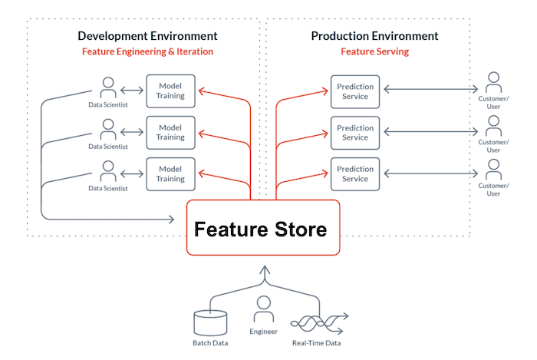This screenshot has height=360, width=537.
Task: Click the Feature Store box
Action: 262,228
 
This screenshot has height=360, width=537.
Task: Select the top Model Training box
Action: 171,90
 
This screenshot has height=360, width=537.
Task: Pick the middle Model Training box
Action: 171,131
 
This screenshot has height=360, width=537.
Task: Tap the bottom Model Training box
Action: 171,173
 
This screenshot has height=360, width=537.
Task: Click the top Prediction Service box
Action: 355,90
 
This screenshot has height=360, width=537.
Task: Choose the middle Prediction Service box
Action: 355,131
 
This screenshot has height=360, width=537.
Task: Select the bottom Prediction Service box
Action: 355,173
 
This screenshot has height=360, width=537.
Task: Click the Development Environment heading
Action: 148,36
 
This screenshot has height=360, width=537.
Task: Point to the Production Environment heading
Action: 375,36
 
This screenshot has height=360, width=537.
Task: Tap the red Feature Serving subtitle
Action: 375,52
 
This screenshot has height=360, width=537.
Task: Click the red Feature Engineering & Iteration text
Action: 147,52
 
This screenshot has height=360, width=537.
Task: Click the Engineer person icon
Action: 264,307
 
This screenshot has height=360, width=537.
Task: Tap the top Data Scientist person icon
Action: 107,85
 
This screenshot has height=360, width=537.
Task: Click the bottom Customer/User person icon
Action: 494,168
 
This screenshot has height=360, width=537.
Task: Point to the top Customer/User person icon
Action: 494,81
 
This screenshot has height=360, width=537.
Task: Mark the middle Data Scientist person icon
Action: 107,127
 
